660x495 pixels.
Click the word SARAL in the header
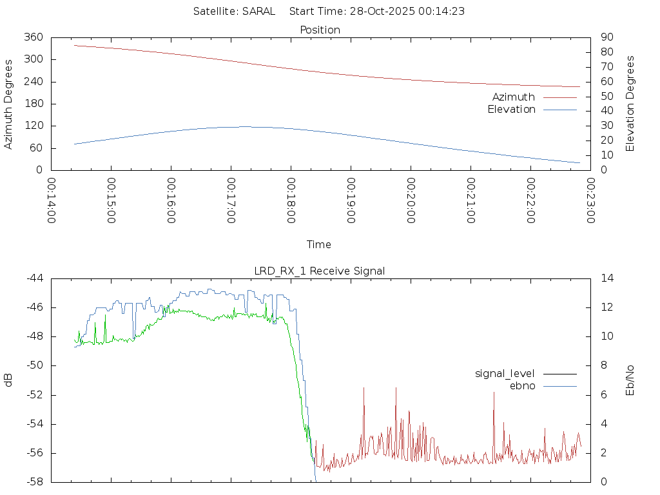click(x=258, y=11)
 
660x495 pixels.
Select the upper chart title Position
click(x=320, y=30)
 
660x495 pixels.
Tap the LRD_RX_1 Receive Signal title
click(x=320, y=271)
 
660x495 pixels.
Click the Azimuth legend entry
click(x=514, y=97)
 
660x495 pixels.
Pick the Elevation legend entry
click(x=512, y=110)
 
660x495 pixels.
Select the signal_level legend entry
click(x=505, y=373)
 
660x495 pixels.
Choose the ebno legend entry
click(x=522, y=385)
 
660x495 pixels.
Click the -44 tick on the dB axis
click(x=34, y=278)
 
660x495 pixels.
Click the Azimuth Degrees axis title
click(x=9, y=104)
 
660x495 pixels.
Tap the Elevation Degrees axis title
click(x=630, y=104)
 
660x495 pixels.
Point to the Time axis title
click(x=319, y=244)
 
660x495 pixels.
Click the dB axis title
click(x=9, y=380)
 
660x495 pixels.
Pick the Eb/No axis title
click(x=630, y=380)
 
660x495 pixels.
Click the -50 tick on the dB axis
click(x=34, y=365)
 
